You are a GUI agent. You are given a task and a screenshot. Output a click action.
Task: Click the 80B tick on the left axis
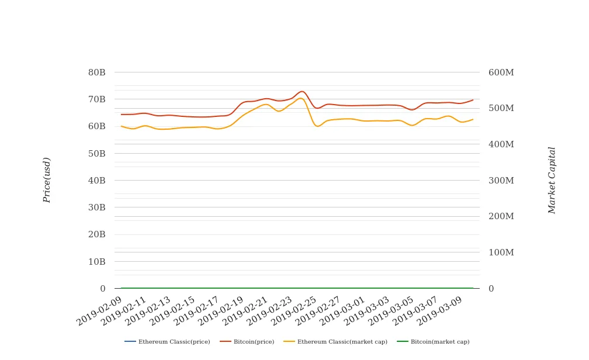pyautogui.click(x=96, y=72)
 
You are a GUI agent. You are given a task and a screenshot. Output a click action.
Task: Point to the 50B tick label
pyautogui.click(x=96, y=154)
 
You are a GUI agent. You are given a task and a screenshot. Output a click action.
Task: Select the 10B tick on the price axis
pyautogui.click(x=96, y=262)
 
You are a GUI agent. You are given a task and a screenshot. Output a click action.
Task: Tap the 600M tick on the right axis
pyautogui.click(x=501, y=72)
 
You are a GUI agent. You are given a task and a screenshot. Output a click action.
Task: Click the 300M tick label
pyautogui.click(x=501, y=181)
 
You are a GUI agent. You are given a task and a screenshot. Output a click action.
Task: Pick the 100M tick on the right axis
pyautogui.click(x=501, y=252)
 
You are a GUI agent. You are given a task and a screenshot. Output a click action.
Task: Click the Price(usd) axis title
pyautogui.click(x=47, y=180)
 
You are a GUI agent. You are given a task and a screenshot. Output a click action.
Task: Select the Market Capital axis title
pyautogui.click(x=552, y=180)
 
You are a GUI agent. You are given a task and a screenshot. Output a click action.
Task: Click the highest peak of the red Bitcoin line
pyautogui.click(x=302, y=91)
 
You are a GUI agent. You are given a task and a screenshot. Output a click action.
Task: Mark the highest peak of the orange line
pyautogui.click(x=300, y=98)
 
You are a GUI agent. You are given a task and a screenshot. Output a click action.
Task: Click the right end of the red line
pyautogui.click(x=473, y=100)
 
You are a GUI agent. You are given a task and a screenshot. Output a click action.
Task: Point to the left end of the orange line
pyautogui.click(x=122, y=126)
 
